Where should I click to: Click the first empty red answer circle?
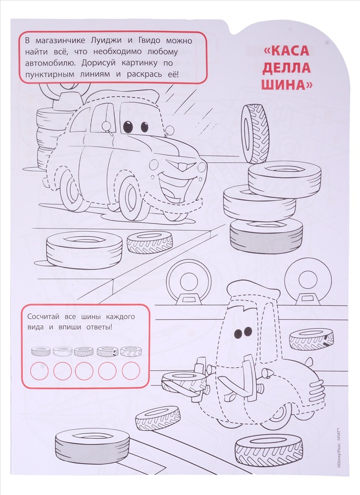(40, 371)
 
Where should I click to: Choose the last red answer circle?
(131, 371)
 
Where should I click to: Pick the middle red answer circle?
(84, 371)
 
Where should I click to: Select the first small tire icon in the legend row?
(41, 351)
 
